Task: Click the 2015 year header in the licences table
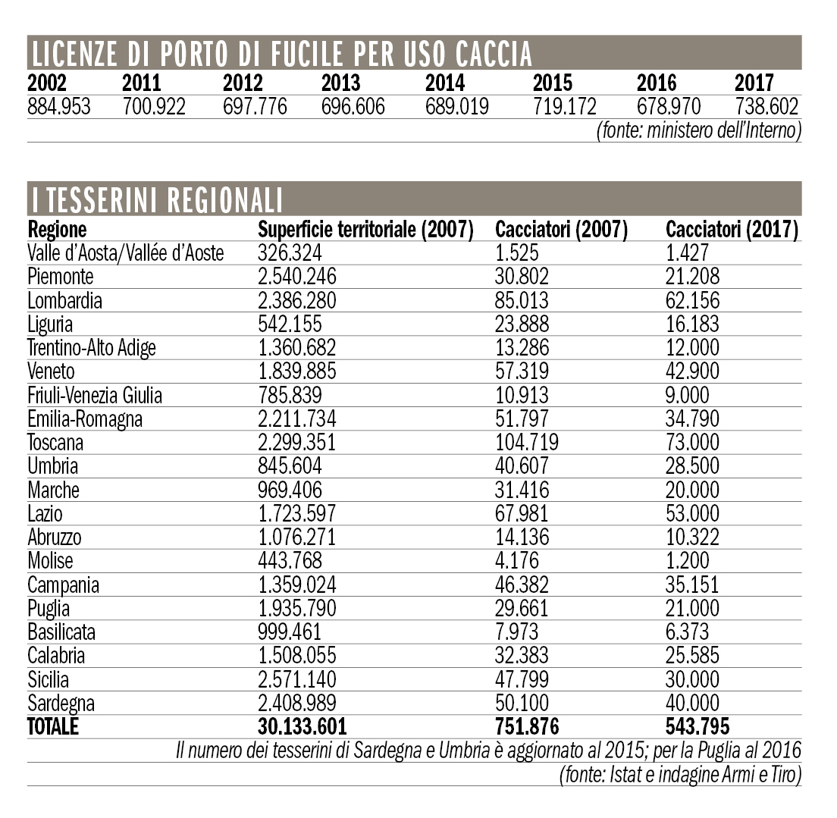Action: point(553,83)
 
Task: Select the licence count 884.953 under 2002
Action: point(59,106)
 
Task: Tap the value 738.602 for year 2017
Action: point(767,106)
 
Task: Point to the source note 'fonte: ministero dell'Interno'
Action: point(699,130)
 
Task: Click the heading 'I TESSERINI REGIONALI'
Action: point(157,199)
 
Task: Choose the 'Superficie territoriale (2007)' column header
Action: point(365,230)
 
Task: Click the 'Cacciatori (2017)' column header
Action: point(732,230)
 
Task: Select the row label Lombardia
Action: point(64,301)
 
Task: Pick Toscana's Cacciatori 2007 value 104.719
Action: point(527,442)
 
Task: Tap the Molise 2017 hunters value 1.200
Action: point(688,561)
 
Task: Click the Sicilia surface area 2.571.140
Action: point(297,679)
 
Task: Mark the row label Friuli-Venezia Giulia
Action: point(95,395)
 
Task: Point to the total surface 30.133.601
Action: point(303,727)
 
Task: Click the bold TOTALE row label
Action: point(53,727)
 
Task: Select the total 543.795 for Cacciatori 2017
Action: point(697,727)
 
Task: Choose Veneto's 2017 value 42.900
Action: point(692,371)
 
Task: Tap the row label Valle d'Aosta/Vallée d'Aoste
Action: point(126,253)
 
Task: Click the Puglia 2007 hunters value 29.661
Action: point(522,608)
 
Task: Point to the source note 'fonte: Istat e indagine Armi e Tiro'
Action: point(680,774)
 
